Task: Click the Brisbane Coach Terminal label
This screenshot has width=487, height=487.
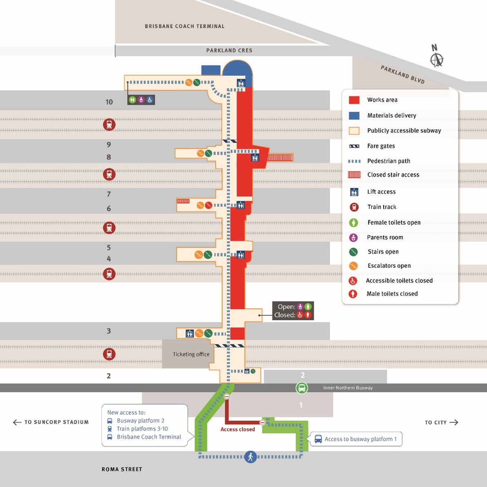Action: tap(184, 26)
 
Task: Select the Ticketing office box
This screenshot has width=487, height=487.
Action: tap(191, 354)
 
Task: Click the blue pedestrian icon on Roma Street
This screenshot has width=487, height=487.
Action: tap(250, 456)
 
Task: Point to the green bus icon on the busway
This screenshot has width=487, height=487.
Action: tap(302, 388)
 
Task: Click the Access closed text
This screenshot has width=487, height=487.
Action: tap(237, 429)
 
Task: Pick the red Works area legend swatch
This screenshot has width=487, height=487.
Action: tap(354, 100)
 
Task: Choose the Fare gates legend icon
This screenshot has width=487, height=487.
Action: tap(354, 146)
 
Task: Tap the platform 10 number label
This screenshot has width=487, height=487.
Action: tap(109, 102)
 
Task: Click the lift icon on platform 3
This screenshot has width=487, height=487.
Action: tap(190, 334)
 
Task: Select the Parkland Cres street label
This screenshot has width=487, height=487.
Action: tap(229, 51)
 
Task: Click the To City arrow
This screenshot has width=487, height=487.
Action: tap(453, 422)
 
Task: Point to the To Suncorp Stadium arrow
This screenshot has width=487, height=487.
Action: tap(17, 422)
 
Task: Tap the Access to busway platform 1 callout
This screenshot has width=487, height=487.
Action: tap(356, 439)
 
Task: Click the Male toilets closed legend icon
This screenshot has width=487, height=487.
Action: tap(353, 294)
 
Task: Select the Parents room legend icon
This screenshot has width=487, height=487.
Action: tap(353, 237)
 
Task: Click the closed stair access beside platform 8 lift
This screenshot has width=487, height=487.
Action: tap(280, 157)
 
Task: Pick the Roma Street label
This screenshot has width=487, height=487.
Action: tap(122, 469)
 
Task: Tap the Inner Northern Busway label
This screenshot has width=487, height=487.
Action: tap(348, 388)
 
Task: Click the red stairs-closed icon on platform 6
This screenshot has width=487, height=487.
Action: tap(208, 205)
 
